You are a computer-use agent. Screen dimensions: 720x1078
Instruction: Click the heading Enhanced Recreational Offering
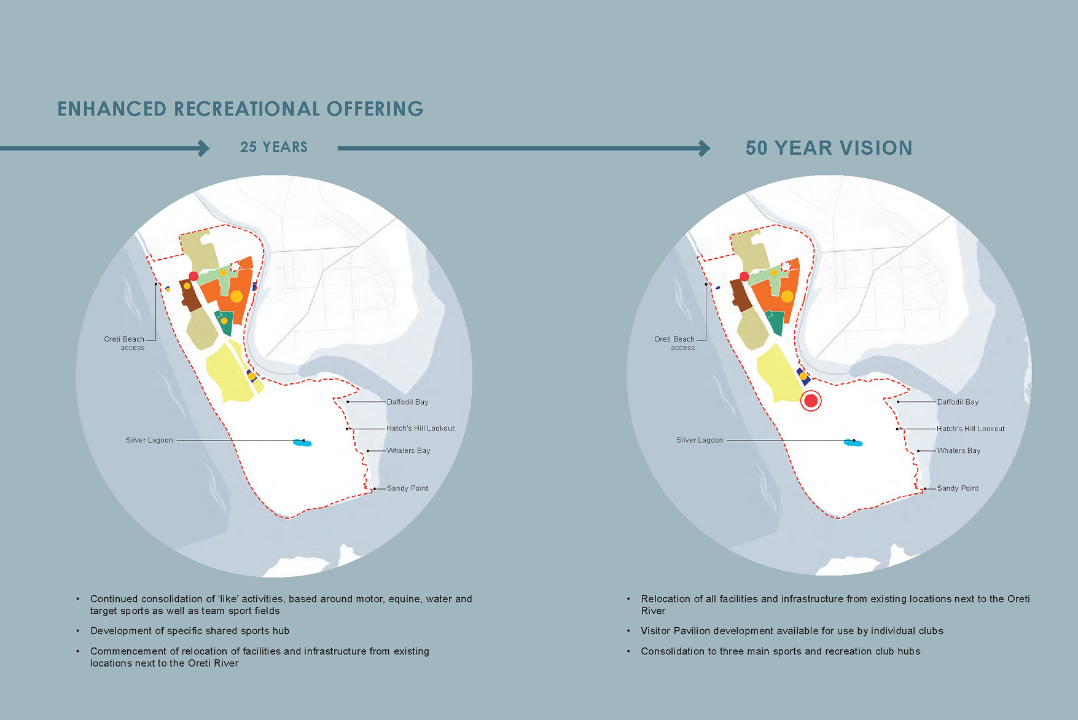[x=240, y=109]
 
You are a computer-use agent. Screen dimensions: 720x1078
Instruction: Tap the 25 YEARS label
[x=274, y=147]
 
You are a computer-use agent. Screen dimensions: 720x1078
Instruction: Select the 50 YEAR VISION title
[x=829, y=148]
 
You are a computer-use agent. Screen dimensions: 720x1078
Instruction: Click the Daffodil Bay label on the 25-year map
[x=407, y=402]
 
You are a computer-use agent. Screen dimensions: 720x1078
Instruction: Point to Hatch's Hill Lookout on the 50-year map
[x=971, y=429]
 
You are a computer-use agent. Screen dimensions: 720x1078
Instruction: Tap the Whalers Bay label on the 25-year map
[x=408, y=451]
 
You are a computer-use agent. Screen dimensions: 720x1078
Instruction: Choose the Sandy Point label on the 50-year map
[x=958, y=488]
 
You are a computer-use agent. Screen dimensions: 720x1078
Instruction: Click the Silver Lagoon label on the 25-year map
[x=149, y=440]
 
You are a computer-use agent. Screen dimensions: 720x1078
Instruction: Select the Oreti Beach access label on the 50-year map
[x=674, y=343]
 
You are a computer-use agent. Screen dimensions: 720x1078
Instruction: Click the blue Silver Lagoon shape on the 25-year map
[x=303, y=442]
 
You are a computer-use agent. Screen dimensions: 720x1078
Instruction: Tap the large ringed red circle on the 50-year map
[x=811, y=401]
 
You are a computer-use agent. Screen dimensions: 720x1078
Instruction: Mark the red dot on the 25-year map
[x=193, y=276]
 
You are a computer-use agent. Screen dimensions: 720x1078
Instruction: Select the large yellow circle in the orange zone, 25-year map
[x=236, y=296]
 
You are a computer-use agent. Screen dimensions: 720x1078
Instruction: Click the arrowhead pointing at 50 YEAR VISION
[x=705, y=148]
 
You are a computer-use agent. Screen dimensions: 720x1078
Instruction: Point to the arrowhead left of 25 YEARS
[x=204, y=148]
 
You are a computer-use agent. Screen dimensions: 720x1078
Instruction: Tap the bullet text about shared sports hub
[x=190, y=631]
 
